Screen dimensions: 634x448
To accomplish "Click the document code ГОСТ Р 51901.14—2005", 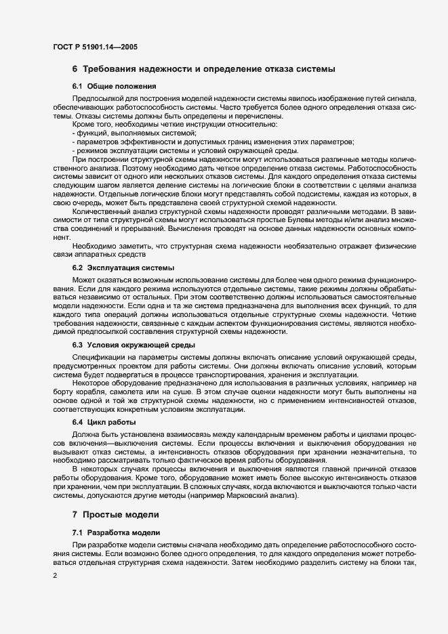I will [x=96, y=47].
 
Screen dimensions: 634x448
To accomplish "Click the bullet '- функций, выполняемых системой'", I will [x=119, y=134].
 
